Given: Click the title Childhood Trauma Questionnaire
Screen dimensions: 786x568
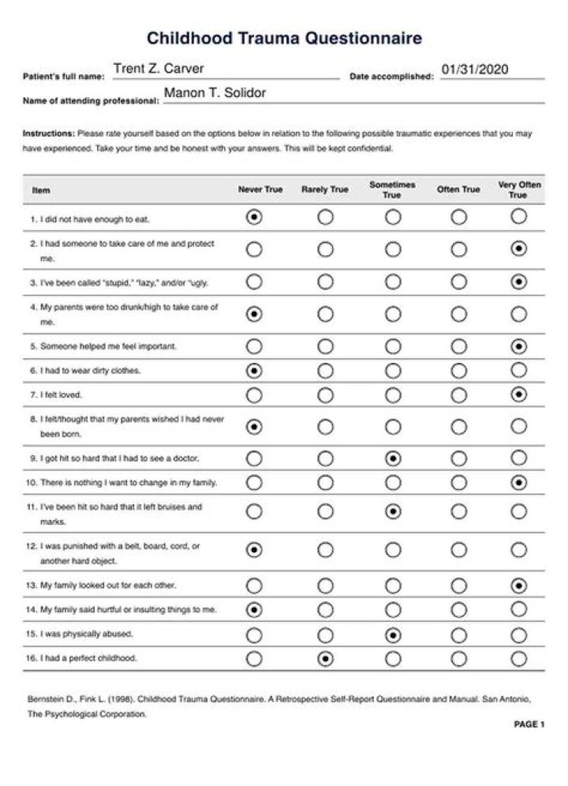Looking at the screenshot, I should click(284, 38).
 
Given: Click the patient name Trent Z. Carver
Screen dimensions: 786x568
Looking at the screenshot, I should click(159, 69).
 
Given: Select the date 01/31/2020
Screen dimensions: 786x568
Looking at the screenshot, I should click(475, 69).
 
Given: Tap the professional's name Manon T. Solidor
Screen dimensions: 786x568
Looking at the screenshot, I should click(215, 94).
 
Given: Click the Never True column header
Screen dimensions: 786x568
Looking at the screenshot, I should click(260, 190).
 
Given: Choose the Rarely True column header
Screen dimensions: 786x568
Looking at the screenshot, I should click(324, 190).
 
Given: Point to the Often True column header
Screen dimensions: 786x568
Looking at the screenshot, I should click(458, 190).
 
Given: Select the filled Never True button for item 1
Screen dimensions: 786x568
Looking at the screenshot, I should click(254, 218).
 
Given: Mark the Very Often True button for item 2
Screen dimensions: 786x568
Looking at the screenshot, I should click(518, 249).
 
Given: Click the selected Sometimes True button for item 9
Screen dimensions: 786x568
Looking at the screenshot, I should click(393, 458).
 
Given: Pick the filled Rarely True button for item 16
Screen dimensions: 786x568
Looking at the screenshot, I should click(325, 659).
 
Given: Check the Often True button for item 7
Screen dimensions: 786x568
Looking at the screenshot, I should click(458, 395).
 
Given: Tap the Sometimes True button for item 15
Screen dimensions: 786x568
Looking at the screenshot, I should click(393, 634).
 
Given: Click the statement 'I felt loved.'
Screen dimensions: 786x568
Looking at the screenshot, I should click(61, 395).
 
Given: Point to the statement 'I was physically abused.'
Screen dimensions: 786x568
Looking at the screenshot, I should click(87, 634).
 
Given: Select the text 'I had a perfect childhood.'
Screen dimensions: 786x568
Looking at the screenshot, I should click(88, 659).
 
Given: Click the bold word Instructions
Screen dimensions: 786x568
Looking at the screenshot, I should click(48, 134).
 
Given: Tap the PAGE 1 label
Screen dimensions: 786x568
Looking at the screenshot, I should click(529, 724).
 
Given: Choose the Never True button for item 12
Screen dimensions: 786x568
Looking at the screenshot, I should click(254, 550).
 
